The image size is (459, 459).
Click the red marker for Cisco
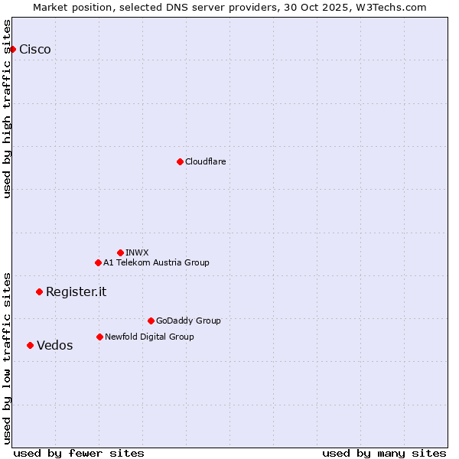(x=12, y=50)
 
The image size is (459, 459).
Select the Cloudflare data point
(x=180, y=161)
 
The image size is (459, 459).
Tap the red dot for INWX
(x=120, y=252)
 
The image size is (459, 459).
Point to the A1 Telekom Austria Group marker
(x=98, y=262)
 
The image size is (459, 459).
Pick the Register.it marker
(x=39, y=291)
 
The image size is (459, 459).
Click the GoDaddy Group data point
(x=151, y=321)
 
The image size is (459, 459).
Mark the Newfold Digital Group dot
(x=99, y=337)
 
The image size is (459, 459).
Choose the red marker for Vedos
(x=30, y=345)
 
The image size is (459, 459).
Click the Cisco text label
(x=35, y=50)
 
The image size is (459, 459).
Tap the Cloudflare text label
(x=205, y=161)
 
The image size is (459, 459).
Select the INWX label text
(x=137, y=252)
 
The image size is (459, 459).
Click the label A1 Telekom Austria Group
(x=156, y=262)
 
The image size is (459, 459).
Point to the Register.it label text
(x=76, y=291)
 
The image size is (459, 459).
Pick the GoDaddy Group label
(x=188, y=321)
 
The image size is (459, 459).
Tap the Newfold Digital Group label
(x=149, y=337)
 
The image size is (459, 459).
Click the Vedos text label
(x=55, y=345)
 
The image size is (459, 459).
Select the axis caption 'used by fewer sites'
(x=79, y=453)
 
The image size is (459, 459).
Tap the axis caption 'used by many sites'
(x=384, y=453)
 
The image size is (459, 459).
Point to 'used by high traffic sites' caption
(x=8, y=109)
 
